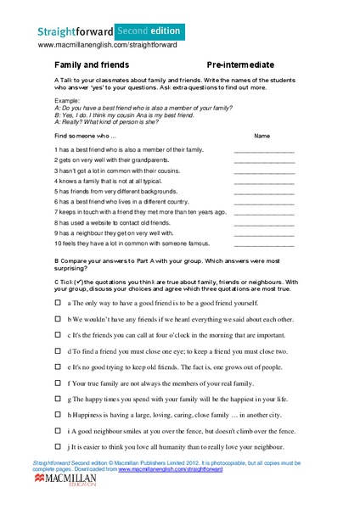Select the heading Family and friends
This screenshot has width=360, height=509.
(92, 64)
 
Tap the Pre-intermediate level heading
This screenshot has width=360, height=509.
(239, 64)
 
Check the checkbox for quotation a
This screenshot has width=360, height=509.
(58, 302)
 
